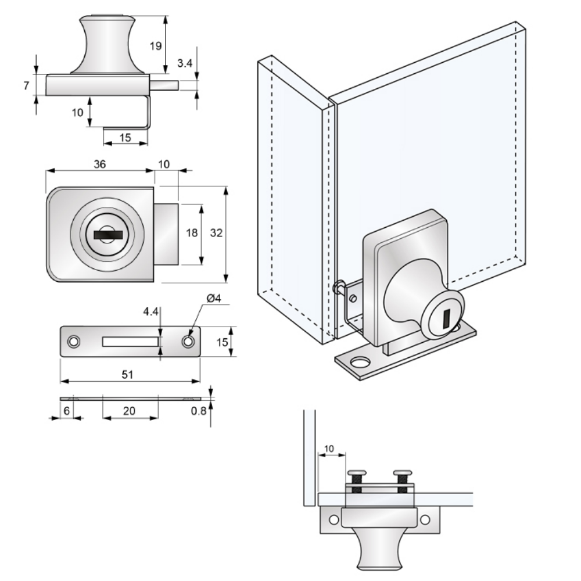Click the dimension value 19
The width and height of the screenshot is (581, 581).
pos(155,46)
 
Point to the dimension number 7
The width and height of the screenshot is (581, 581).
pos(26,85)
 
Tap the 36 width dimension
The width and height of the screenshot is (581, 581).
pos(99,164)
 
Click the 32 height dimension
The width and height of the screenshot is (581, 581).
pos(216,233)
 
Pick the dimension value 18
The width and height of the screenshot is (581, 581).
pos(191,233)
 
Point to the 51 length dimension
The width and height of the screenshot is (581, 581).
pos(128,375)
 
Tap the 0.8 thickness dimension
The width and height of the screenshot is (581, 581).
pos(198,411)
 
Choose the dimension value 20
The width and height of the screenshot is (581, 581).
pos(129,411)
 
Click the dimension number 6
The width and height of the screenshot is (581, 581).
pos(67,411)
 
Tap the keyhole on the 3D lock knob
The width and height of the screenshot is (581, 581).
pos(446,318)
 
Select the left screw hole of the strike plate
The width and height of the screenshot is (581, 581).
pos(73,342)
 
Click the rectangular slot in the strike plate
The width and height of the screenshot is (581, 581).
pos(130,342)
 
